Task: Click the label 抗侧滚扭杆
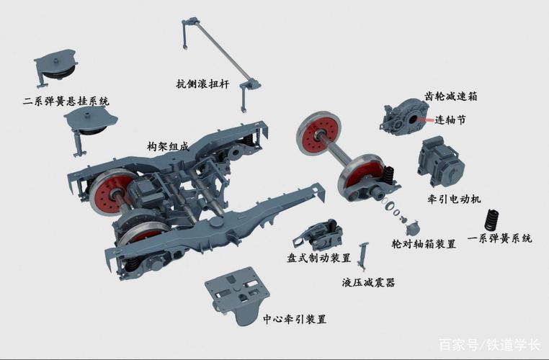tap(202, 84)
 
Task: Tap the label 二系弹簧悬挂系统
tap(66, 102)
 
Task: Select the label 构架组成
tap(168, 146)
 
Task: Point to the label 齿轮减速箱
tap(450, 96)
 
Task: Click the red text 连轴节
tap(450, 120)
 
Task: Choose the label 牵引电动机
tap(454, 199)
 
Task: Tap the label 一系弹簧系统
tap(500, 238)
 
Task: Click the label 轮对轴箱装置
tap(424, 244)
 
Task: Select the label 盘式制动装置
tap(318, 258)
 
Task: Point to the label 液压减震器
tap(368, 282)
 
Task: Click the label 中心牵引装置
tap(295, 319)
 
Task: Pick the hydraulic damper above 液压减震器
tap(362, 256)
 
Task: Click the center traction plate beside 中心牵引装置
tap(238, 294)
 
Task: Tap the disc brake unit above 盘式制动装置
tap(318, 235)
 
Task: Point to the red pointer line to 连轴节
tap(425, 120)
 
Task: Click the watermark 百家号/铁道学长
tap(489, 345)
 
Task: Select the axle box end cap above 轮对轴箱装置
tap(412, 229)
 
